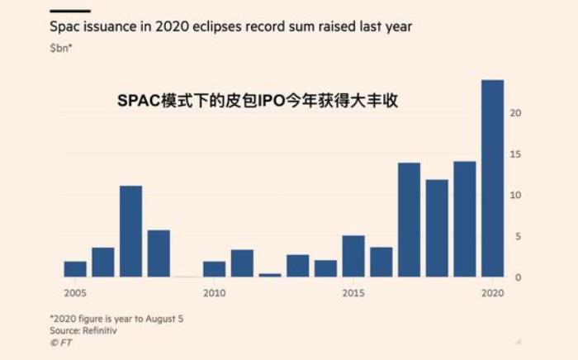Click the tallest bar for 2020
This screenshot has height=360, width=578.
pyautogui.click(x=492, y=178)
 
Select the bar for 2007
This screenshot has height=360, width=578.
pyautogui.click(x=130, y=231)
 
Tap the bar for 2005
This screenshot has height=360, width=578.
pyautogui.click(x=75, y=269)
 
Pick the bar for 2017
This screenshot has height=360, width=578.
pyautogui.click(x=409, y=220)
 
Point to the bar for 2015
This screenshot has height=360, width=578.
pyautogui.click(x=353, y=256)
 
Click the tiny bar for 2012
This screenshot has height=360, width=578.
pyautogui.click(x=270, y=275)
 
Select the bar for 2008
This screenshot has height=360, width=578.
pyautogui.click(x=159, y=253)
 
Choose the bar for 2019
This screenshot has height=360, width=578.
pyautogui.click(x=464, y=219)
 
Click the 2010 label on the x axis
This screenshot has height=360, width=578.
pyautogui.click(x=214, y=293)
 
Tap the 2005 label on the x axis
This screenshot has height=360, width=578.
pyautogui.click(x=75, y=293)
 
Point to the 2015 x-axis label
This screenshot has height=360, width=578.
pyautogui.click(x=353, y=293)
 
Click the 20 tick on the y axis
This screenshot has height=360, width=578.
pyautogui.click(x=514, y=113)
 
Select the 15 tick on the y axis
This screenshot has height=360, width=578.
pyautogui.click(x=514, y=154)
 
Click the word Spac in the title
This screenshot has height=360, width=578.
pyautogui.click(x=65, y=26)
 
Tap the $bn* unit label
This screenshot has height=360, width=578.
pyautogui.click(x=61, y=49)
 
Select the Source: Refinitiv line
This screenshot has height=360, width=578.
pyautogui.click(x=83, y=330)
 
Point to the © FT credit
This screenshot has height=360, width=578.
pyautogui.click(x=60, y=342)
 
